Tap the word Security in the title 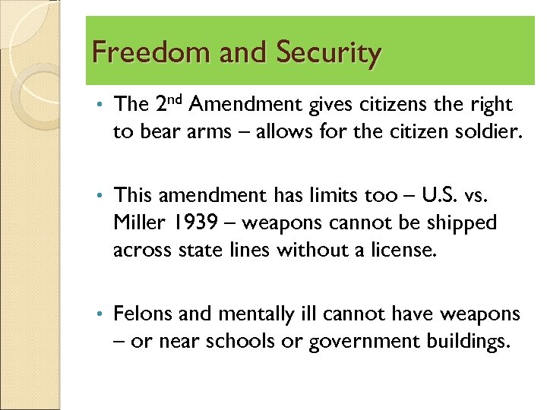pos(328,53)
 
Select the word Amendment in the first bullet pos(252,105)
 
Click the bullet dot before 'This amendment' pos(100,196)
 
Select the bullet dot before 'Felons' pos(100,314)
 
